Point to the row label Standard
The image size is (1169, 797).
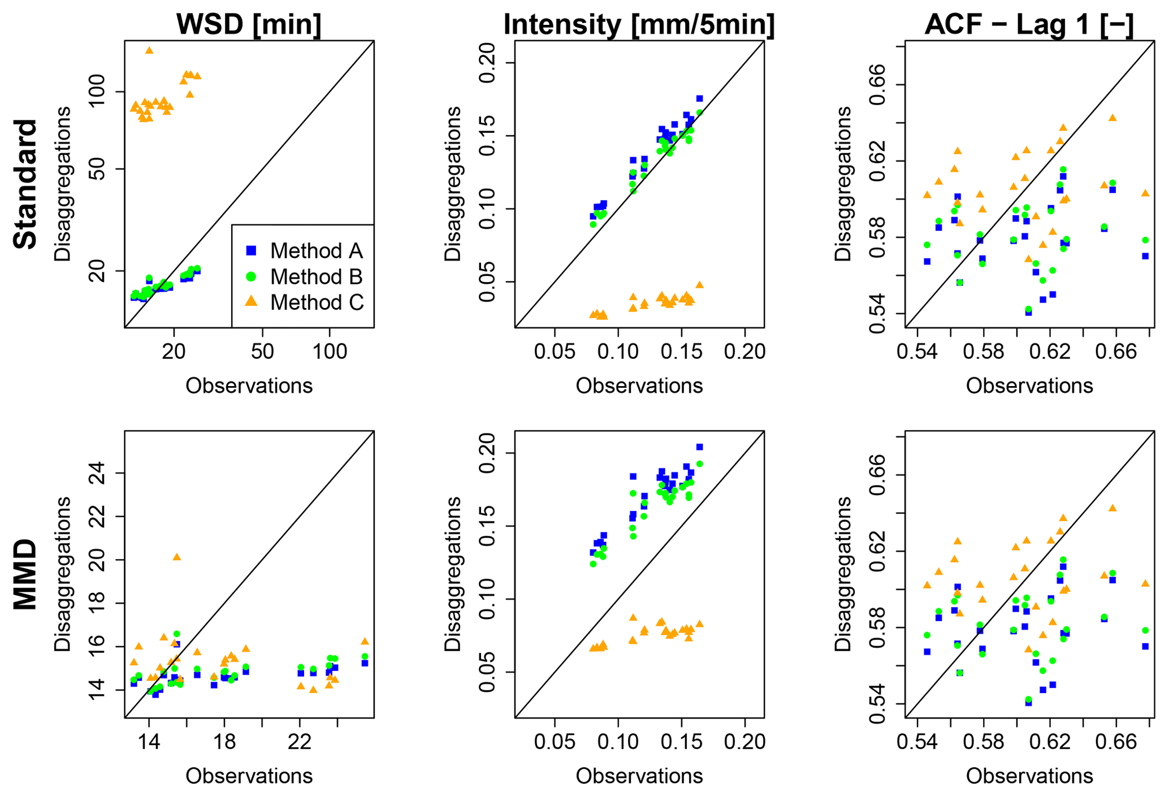tap(25, 184)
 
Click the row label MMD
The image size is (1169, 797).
tap(25, 574)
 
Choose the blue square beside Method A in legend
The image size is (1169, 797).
tap(252, 250)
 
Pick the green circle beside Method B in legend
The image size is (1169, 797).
tap(252, 276)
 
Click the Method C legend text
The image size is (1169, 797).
tap(317, 302)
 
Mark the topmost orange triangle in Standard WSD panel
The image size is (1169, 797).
tap(149, 50)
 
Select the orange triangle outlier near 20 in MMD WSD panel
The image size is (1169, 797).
tap(176, 557)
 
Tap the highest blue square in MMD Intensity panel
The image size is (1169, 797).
tap(699, 447)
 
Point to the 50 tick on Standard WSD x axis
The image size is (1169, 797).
tap(263, 351)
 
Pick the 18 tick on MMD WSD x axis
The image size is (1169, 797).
tap(224, 742)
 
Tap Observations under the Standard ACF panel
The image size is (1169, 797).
tap(1029, 385)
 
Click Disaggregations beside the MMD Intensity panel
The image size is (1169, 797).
tap(452, 574)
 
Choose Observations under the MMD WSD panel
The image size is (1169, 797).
tap(249, 776)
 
